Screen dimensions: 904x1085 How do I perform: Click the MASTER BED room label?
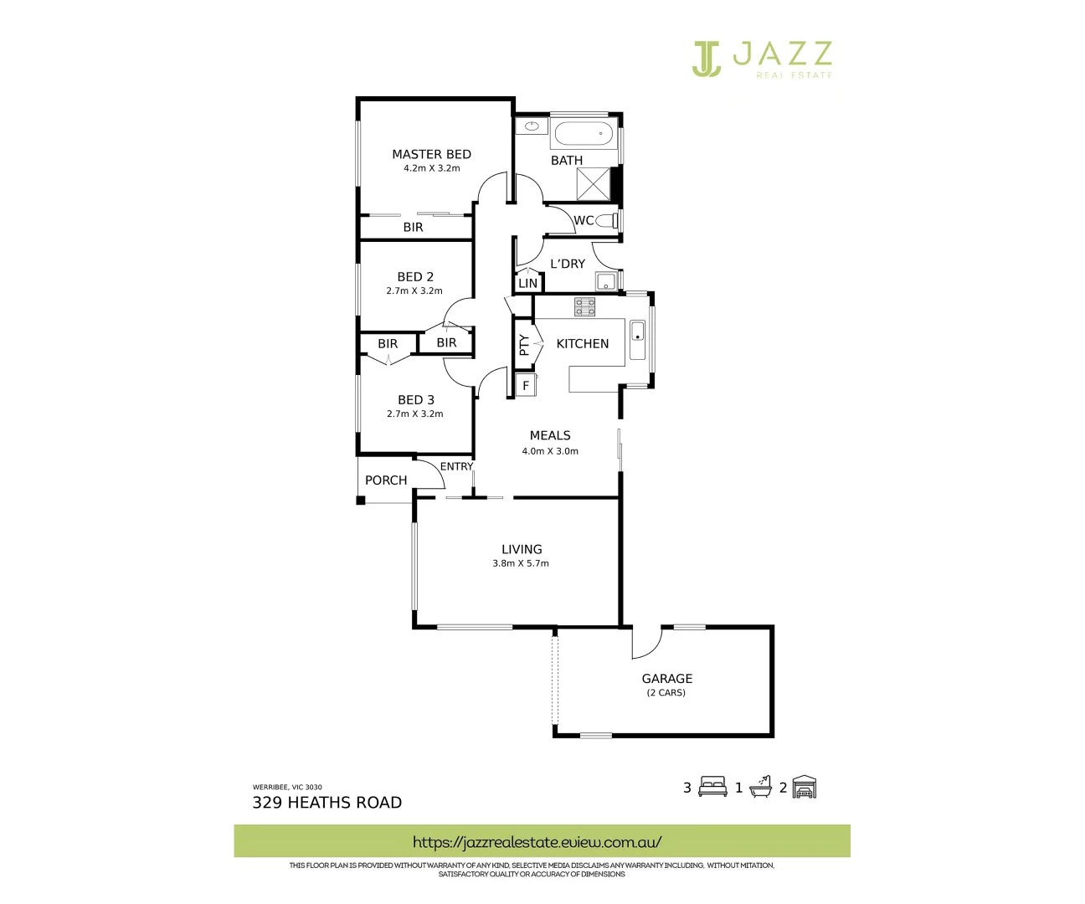pos(431,154)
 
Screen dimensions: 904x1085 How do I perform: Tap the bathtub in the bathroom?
pos(584,134)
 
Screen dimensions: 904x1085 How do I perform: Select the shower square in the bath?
pos(594,184)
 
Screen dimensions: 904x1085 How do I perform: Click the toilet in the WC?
pos(609,220)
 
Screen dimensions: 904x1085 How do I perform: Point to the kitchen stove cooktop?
pos(584,306)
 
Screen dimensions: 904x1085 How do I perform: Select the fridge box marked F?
pos(526,386)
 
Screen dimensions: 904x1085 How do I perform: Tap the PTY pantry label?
pos(524,345)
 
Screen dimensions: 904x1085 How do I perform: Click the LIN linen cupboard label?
pos(527,284)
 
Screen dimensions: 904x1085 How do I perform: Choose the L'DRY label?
pos(568,264)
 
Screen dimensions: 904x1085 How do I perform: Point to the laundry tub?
pos(605,280)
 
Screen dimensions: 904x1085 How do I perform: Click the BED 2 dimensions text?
pos(414,291)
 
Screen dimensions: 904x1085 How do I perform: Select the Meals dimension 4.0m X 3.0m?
pos(550,451)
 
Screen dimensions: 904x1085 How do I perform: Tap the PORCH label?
pos(386,480)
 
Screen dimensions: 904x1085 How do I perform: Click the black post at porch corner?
pos(361,501)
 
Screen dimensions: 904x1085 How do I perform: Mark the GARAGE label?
pos(667,679)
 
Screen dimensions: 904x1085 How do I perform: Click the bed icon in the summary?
pos(712,787)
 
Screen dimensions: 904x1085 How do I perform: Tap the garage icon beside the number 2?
pos(804,787)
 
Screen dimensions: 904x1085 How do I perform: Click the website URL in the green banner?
pos(537,842)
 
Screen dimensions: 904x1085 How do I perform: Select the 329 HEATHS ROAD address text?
pos(327,803)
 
